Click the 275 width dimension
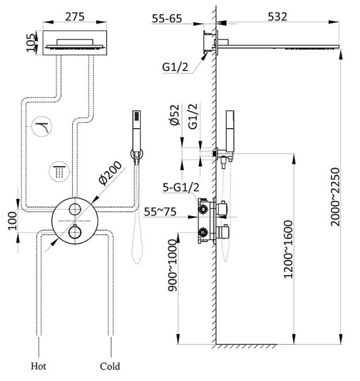75,17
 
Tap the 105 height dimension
31,43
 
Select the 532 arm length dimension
277,16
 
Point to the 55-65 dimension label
167,18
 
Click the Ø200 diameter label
110,173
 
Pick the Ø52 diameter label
175,114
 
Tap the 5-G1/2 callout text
181,187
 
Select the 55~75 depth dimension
160,212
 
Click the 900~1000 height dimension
173,265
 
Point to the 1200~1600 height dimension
288,250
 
